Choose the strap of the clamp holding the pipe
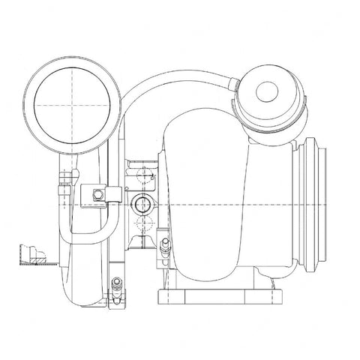pyautogui.click(x=109, y=196)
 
